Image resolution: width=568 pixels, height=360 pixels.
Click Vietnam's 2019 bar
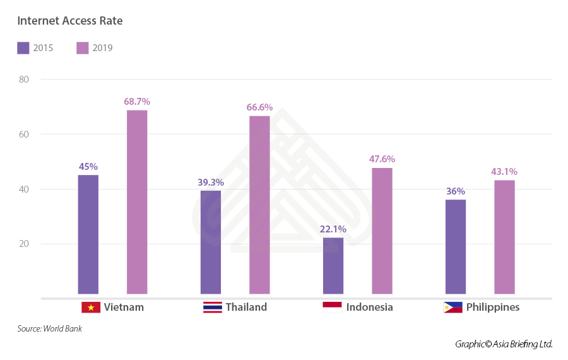pos(137,202)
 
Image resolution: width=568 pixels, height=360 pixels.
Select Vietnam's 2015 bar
pos(88,234)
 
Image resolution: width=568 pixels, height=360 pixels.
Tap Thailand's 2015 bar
pos(211,242)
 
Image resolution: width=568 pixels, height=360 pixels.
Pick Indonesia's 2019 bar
pos(382,231)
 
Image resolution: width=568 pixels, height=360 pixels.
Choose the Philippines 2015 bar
pos(456,246)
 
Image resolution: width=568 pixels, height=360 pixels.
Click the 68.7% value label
pos(137,101)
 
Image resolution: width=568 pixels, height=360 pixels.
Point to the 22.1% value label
pos(333,228)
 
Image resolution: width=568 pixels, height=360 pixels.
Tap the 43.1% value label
pos(504,171)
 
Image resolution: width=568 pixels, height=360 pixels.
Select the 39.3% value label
pos(211,182)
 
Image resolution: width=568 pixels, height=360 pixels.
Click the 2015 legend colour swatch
pos(23,48)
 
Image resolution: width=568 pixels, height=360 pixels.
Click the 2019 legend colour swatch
pos(83,48)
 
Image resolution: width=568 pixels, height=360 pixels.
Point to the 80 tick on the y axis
pos(25,80)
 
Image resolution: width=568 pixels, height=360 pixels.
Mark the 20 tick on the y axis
pos(25,244)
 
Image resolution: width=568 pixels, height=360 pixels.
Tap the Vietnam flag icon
pos(91,308)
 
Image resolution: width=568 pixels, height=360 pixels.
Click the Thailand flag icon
pos(212,308)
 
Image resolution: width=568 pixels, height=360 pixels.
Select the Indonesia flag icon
pos(332,308)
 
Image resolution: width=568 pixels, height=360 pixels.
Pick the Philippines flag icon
pos(453,308)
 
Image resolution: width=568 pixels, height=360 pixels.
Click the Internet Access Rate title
pos(70,21)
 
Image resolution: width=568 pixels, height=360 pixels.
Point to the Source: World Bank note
pos(49,328)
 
